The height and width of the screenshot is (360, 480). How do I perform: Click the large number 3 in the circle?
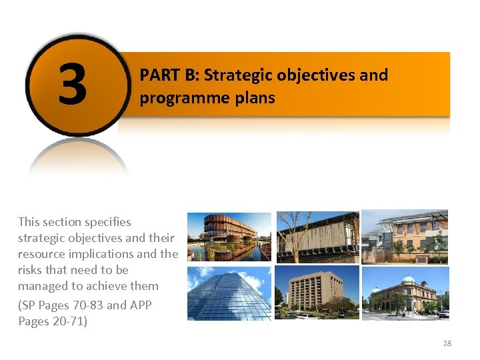click(x=73, y=85)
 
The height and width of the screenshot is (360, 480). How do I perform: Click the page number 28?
click(x=447, y=343)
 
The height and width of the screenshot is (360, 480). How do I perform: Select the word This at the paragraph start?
click(x=30, y=222)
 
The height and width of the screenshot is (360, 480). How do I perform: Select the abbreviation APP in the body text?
click(x=141, y=305)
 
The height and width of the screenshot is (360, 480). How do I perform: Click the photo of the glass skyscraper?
click(x=229, y=293)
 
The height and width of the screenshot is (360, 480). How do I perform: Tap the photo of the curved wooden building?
click(x=229, y=236)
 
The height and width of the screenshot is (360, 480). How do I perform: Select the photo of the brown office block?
click(x=317, y=293)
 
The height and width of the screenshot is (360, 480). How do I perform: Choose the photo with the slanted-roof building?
click(x=405, y=237)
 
